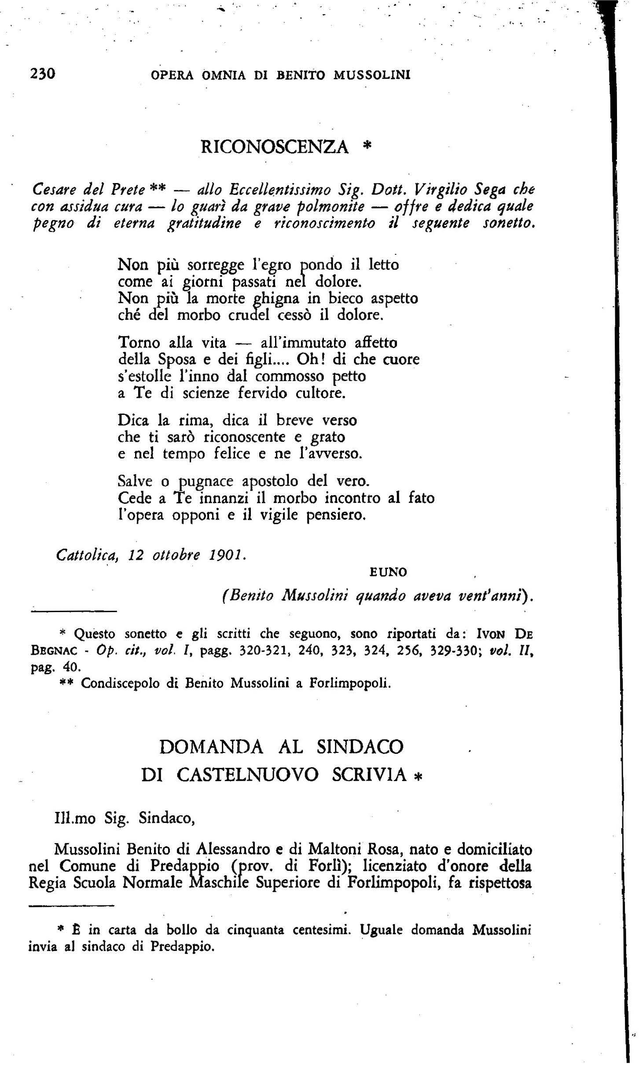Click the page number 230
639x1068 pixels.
click(42, 74)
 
